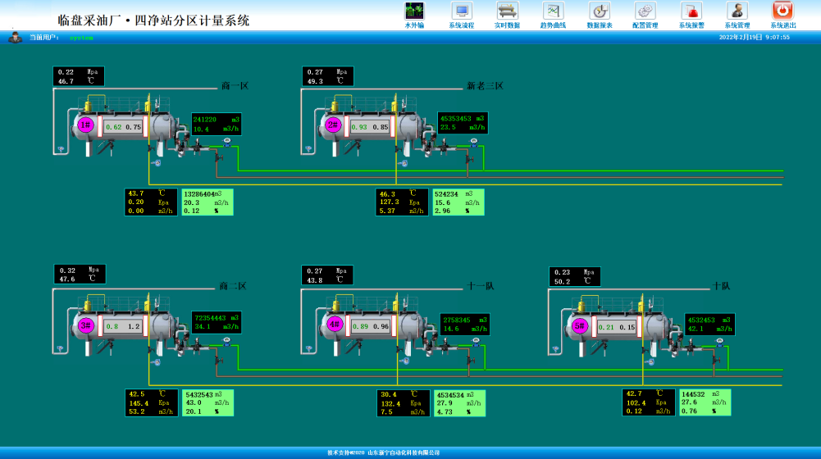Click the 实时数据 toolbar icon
point(507,11)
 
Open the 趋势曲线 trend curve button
point(553,11)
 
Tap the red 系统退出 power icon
point(782,11)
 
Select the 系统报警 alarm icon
point(691,11)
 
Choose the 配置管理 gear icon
point(645,11)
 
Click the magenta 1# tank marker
point(86,125)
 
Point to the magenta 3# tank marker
point(86,325)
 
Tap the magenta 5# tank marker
point(580,325)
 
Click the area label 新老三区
point(485,86)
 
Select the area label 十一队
point(481,286)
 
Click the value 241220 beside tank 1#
point(204,119)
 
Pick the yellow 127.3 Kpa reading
point(390,202)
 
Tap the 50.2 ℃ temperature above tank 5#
point(563,281)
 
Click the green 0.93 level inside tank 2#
point(358,127)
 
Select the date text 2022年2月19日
point(741,37)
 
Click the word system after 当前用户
point(81,37)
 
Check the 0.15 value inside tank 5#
point(627,327)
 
